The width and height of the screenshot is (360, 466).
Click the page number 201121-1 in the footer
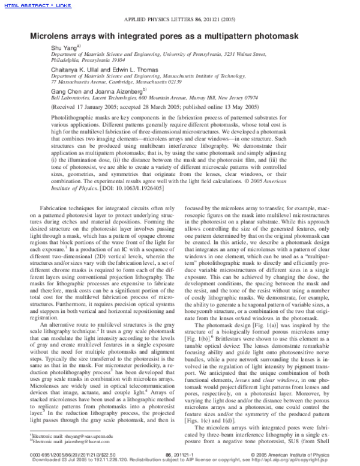coord(179,455)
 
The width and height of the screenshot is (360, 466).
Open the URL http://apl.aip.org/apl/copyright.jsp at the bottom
coord(292,461)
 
